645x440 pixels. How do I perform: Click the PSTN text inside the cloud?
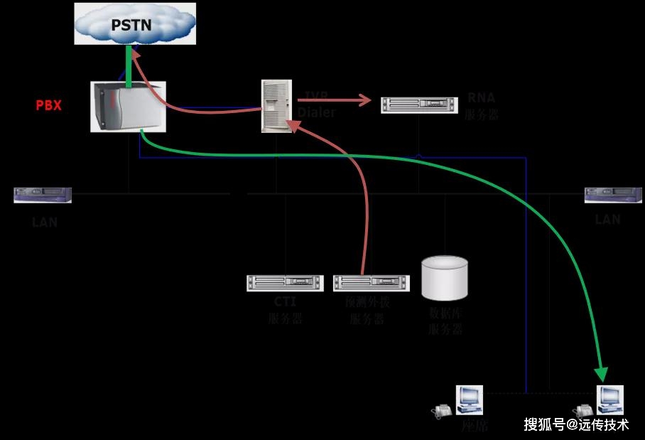[x=132, y=26]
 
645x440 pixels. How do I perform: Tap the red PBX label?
[x=49, y=106]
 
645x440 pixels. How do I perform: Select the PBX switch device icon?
[x=128, y=107]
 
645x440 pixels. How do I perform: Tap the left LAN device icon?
[x=43, y=195]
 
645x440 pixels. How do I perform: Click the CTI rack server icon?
[x=285, y=283]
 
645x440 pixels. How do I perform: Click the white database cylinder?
[x=445, y=278]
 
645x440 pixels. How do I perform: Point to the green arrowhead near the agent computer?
[x=602, y=373]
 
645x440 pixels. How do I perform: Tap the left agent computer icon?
[x=470, y=399]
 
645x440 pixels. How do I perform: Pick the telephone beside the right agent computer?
[x=584, y=410]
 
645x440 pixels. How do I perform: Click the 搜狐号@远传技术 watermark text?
[x=576, y=424]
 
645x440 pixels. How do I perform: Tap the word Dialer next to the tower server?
[x=317, y=112]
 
